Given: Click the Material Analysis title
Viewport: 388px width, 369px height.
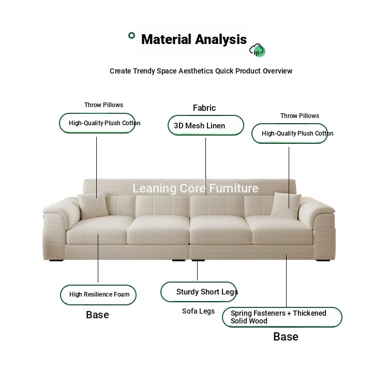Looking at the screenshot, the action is (194, 39).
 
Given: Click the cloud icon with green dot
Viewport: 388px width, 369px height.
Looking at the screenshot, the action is (257, 50).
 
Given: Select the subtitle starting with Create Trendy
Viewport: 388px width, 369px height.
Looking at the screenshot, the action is (201, 71).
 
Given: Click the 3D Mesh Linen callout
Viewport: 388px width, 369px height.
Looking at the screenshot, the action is (206, 125).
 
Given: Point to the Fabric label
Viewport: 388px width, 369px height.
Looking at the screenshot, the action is (204, 108).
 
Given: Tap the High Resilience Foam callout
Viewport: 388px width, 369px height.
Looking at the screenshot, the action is (98, 294).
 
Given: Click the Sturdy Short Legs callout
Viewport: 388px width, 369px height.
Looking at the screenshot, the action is (199, 292).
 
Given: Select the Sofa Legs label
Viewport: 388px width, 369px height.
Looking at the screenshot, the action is (198, 311).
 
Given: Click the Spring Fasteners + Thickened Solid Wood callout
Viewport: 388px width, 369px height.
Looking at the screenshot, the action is (282, 317).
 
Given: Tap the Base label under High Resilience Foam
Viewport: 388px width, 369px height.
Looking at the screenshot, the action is (97, 315).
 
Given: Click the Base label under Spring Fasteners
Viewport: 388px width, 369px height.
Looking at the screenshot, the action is (286, 336).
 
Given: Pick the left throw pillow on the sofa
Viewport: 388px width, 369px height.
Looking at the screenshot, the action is (93, 205).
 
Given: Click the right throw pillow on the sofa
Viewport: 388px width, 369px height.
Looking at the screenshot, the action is (286, 205).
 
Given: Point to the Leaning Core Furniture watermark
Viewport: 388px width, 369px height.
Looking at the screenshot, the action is (196, 188).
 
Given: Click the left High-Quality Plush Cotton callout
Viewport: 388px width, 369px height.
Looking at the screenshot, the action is (97, 123).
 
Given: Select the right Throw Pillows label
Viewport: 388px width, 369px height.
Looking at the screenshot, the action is (300, 116).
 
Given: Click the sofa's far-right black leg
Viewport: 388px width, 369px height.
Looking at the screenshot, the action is (323, 260).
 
